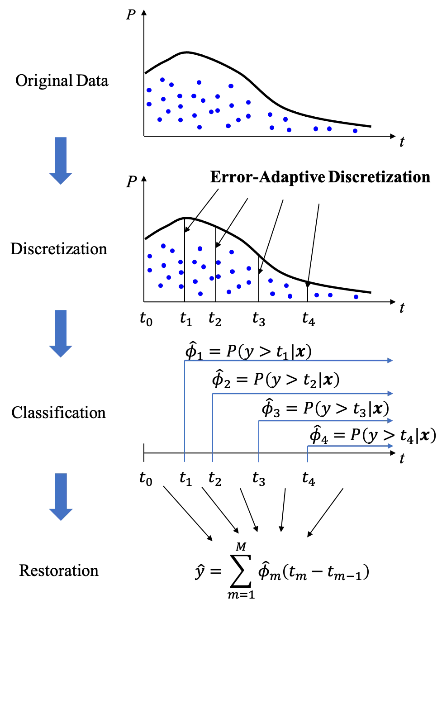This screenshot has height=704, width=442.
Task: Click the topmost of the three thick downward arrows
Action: point(61,158)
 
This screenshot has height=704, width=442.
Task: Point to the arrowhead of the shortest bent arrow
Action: point(390,446)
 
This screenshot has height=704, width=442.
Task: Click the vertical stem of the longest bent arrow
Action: point(185,407)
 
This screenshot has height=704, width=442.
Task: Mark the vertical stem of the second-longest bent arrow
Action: point(212,425)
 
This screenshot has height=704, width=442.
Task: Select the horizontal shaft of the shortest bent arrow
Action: point(348,447)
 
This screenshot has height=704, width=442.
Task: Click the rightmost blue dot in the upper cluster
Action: point(355,130)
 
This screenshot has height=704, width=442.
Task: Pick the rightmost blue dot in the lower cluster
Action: point(355,296)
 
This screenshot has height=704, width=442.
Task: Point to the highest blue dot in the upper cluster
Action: point(162,80)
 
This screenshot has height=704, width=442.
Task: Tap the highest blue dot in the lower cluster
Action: point(163,246)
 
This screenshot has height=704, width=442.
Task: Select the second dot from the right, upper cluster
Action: point(329,128)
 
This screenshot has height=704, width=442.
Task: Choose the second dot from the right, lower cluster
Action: point(330,295)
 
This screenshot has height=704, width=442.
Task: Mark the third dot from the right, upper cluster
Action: point(315,128)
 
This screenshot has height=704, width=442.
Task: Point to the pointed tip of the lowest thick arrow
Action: point(61,519)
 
